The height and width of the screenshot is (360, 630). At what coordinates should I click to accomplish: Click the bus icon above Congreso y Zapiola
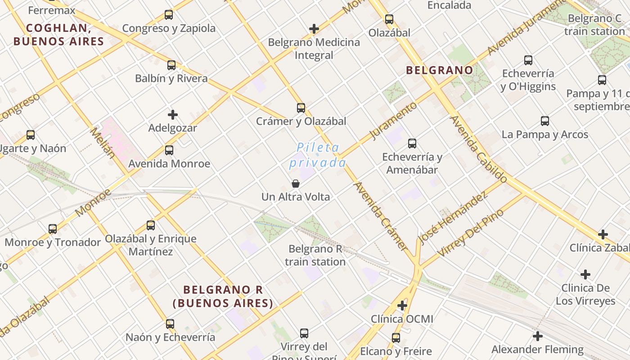169,15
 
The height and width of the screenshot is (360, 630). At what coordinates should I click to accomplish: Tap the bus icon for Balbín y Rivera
171,65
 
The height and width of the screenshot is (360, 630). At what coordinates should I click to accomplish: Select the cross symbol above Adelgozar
173,115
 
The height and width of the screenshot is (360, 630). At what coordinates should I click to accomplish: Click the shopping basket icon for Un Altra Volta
296,184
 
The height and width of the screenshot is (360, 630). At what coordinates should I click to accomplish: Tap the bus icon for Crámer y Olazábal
301,108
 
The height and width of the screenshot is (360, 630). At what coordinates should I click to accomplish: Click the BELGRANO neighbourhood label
439,70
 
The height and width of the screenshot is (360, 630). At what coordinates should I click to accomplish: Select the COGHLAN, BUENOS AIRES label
58,35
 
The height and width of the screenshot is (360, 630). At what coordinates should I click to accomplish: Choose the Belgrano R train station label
315,255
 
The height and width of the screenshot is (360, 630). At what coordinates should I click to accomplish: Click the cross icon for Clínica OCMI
402,306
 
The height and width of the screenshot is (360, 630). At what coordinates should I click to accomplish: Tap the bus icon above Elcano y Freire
396,337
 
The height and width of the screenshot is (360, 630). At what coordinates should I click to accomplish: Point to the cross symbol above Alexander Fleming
537,336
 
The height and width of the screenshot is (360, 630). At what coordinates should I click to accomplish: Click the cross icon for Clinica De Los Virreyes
585,274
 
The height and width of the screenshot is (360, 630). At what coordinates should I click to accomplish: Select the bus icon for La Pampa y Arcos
545,121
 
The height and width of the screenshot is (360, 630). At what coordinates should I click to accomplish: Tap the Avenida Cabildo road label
479,148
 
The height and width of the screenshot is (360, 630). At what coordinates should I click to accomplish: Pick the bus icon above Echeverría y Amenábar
412,144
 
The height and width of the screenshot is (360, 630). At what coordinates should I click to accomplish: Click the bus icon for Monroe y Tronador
53,229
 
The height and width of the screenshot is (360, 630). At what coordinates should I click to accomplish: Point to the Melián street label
103,143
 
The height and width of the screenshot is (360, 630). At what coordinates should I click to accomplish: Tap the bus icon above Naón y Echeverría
170,324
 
